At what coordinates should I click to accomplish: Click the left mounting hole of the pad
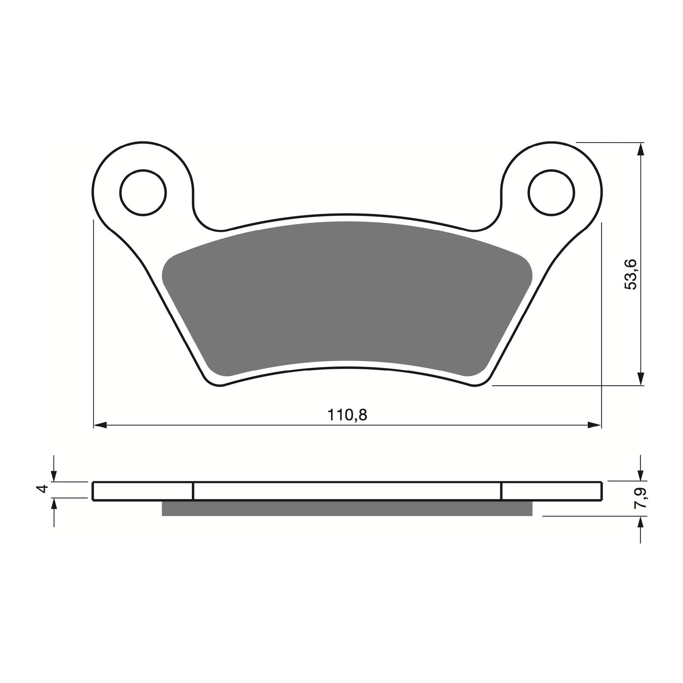143,193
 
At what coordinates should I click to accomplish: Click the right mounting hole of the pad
551,193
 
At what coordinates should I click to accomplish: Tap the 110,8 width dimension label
347,414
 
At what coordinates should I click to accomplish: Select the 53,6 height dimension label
630,274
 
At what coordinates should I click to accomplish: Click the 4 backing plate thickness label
42,490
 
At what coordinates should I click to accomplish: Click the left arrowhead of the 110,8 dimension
99,425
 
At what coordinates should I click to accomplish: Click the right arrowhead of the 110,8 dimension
595,425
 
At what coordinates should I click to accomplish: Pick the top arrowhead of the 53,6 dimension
640,149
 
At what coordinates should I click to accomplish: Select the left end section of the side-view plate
143,491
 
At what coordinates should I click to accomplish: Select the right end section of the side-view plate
552,491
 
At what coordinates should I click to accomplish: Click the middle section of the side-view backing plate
347,491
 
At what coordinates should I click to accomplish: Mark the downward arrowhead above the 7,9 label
640,475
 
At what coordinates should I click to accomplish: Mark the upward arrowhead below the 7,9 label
640,524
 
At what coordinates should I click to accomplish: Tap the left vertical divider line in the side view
193,491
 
